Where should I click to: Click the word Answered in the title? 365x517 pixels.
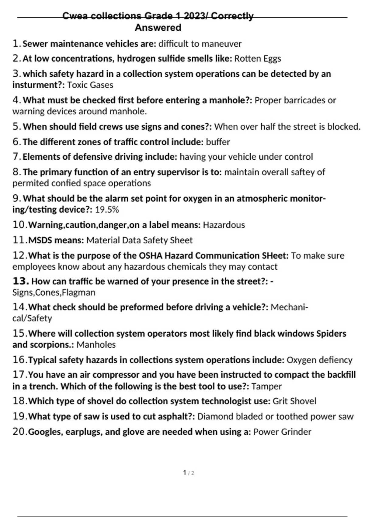click(158, 28)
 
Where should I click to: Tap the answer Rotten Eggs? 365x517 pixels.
click(258, 58)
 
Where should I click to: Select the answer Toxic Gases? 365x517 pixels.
click(90, 85)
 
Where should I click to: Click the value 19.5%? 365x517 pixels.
click(107, 210)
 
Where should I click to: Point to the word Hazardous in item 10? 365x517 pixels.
click(224, 225)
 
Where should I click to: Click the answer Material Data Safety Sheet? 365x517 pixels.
click(139, 240)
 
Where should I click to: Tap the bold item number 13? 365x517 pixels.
click(20, 281)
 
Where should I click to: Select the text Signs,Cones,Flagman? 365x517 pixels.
click(54, 293)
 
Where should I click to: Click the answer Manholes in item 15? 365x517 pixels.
click(96, 345)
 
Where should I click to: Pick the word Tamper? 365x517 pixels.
click(266, 387)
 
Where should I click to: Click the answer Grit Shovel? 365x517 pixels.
click(294, 401)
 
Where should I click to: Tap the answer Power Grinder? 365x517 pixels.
click(282, 432)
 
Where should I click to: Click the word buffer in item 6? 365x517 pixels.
click(218, 142)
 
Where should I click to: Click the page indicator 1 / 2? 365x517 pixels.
click(189, 473)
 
